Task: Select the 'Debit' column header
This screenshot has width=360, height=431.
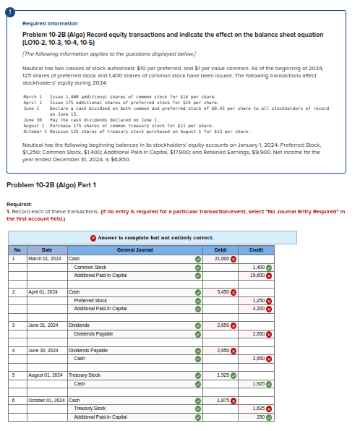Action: click(x=220, y=250)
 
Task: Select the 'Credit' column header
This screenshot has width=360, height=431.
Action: click(x=256, y=250)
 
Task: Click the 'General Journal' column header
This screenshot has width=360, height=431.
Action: click(x=134, y=250)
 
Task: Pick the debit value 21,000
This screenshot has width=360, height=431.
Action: click(x=221, y=258)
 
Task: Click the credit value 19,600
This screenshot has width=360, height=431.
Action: click(x=255, y=275)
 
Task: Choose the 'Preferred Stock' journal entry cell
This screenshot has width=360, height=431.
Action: click(x=90, y=300)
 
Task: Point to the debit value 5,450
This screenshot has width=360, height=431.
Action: click(x=222, y=291)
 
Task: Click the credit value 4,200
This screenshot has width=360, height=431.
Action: click(x=257, y=308)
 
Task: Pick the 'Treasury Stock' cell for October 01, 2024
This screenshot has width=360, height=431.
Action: click(x=90, y=409)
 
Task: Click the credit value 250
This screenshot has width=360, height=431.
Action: click(x=260, y=417)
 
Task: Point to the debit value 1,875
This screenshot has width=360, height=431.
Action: click(x=222, y=400)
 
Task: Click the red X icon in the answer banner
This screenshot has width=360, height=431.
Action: click(x=94, y=237)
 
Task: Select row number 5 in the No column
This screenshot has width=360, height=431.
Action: click(x=17, y=375)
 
